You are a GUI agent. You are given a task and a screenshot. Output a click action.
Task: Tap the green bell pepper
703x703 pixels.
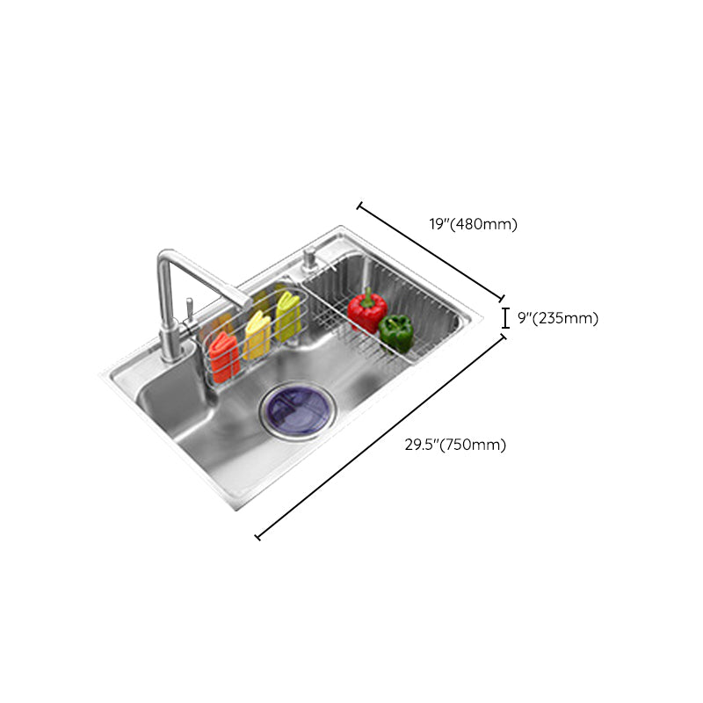tap(396, 333)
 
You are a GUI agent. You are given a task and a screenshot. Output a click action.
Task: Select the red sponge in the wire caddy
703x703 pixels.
tap(223, 356)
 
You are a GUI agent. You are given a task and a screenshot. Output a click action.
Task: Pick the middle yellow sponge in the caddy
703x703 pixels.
tap(257, 335)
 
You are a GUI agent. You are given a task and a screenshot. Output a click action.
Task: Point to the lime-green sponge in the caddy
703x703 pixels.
tap(287, 314)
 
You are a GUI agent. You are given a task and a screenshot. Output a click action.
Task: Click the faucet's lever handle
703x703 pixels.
tap(188, 308)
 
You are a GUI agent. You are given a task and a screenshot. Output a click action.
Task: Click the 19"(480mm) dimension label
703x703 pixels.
tap(473, 224)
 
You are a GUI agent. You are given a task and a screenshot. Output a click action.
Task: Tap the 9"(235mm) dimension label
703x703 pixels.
tap(557, 318)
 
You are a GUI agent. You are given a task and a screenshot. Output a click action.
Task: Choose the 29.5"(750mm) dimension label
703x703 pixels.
tap(455, 445)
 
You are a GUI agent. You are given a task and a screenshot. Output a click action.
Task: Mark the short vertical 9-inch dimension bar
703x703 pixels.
tap(505, 317)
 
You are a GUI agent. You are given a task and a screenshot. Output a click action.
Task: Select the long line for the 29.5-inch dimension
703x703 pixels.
tap(380, 437)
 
